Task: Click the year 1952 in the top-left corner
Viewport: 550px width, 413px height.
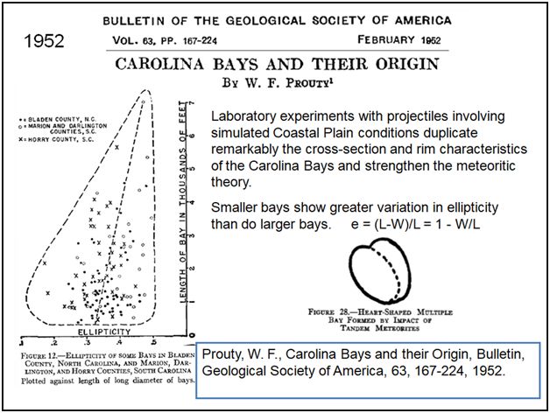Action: pyautogui.click(x=42, y=41)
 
